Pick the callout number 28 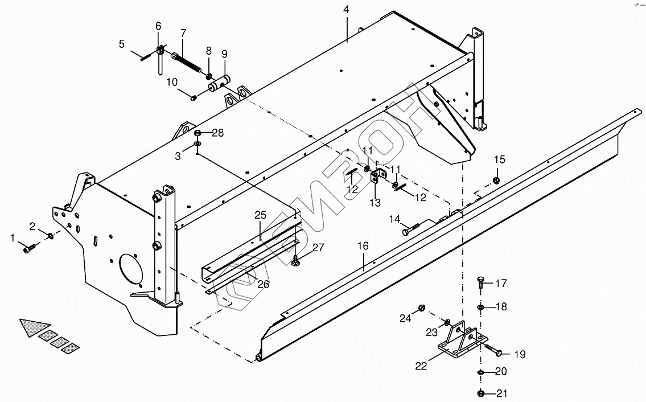[218, 133]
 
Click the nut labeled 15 [496, 180]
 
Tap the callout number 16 [363, 246]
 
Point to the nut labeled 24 [422, 307]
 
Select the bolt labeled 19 [493, 351]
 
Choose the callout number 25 [260, 215]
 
